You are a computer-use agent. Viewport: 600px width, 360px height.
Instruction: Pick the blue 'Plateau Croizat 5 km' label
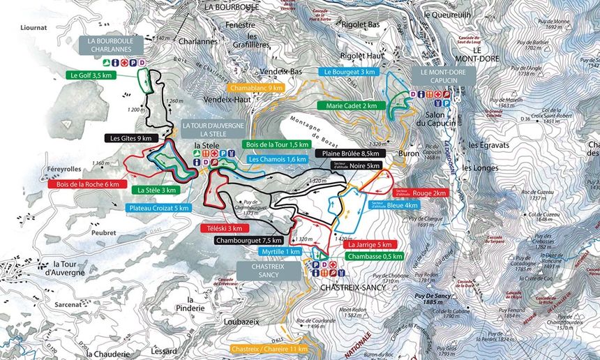[x=159, y=208]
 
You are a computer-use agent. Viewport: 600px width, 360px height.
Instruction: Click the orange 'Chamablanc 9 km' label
[x=256, y=89]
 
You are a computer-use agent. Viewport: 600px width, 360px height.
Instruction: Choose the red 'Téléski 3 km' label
[x=223, y=228]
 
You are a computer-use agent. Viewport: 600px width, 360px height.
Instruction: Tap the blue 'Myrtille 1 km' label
[x=280, y=252]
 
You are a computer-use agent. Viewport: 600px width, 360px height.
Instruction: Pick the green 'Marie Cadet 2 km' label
[x=351, y=106]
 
